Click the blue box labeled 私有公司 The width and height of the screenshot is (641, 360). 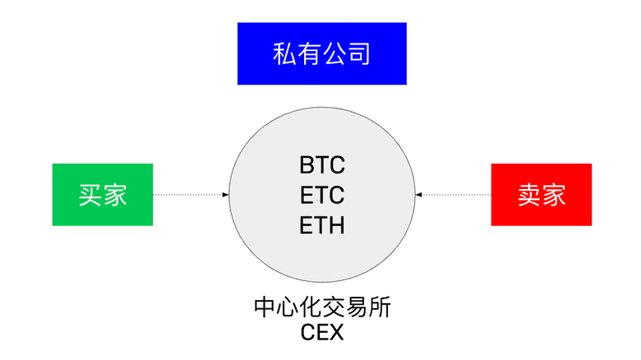(321, 53)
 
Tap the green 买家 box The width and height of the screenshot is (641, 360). (103, 194)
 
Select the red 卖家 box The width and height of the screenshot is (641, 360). (541, 194)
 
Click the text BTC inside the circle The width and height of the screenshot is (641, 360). (322, 164)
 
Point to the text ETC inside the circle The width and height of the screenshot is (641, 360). (322, 195)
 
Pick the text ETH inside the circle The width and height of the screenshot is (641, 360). (322, 224)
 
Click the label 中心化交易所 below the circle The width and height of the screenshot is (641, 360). (322, 308)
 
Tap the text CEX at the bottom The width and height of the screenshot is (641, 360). (322, 334)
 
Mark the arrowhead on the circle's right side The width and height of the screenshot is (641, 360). (418, 195)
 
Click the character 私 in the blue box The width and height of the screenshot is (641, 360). (284, 54)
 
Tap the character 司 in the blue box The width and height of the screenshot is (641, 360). (358, 54)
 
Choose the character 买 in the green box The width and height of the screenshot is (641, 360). (90, 194)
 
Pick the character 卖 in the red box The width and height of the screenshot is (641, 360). (528, 194)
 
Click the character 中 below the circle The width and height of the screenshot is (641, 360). (265, 308)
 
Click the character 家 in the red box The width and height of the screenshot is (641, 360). (554, 194)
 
